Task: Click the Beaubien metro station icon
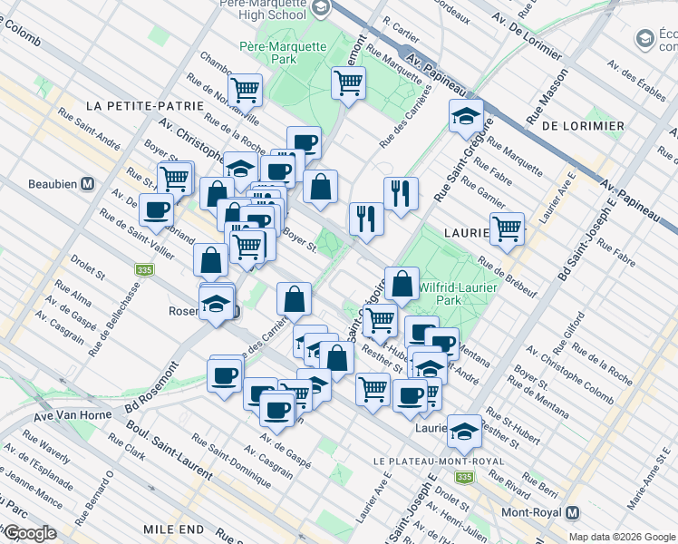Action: click(x=89, y=183)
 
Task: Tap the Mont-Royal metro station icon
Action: click(x=574, y=511)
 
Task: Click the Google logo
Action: click(x=29, y=533)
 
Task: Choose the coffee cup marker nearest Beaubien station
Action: click(x=155, y=209)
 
